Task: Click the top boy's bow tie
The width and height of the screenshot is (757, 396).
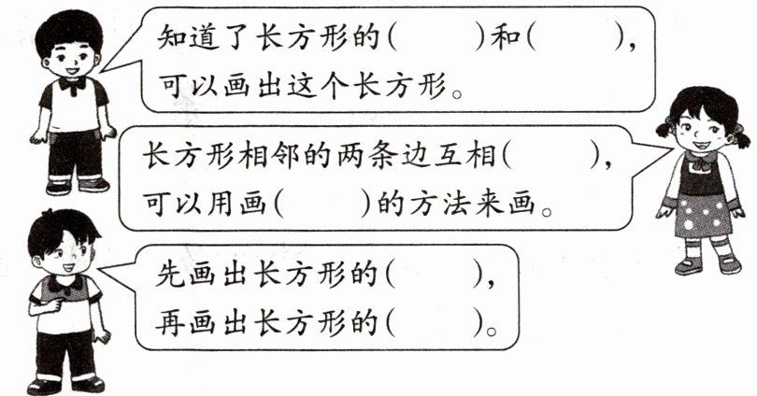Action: point(71,83)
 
